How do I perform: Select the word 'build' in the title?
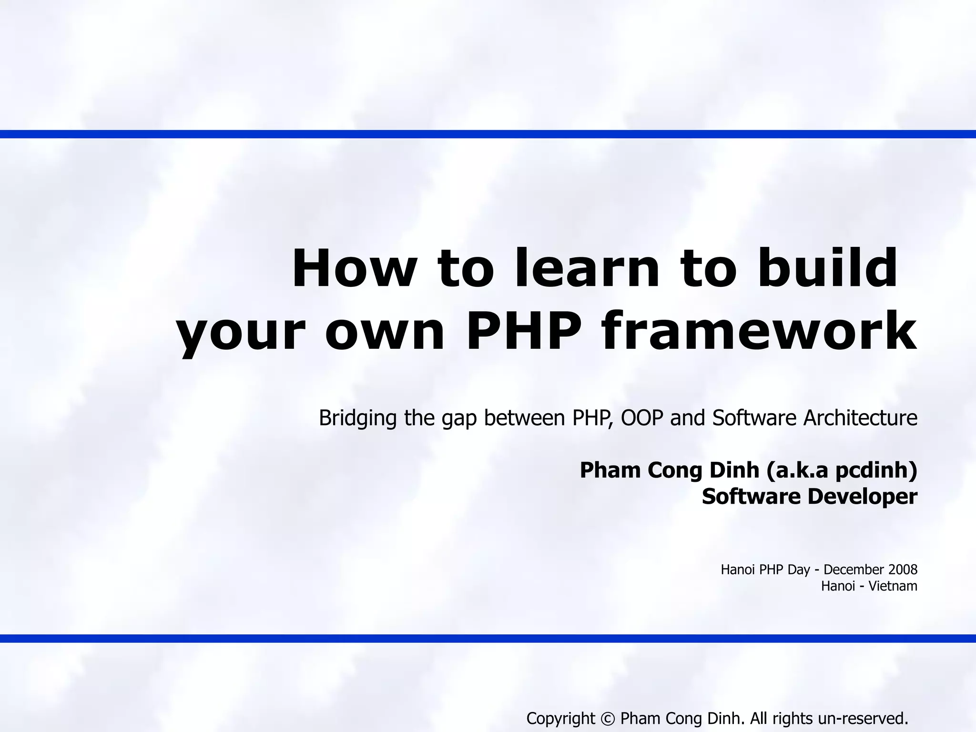tap(827, 268)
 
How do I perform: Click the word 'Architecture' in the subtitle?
tap(861, 418)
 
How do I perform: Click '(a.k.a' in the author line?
tap(798, 470)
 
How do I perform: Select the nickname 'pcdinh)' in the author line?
tap(876, 470)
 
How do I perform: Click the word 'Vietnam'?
tap(893, 586)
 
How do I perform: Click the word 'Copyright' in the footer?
tap(560, 718)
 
